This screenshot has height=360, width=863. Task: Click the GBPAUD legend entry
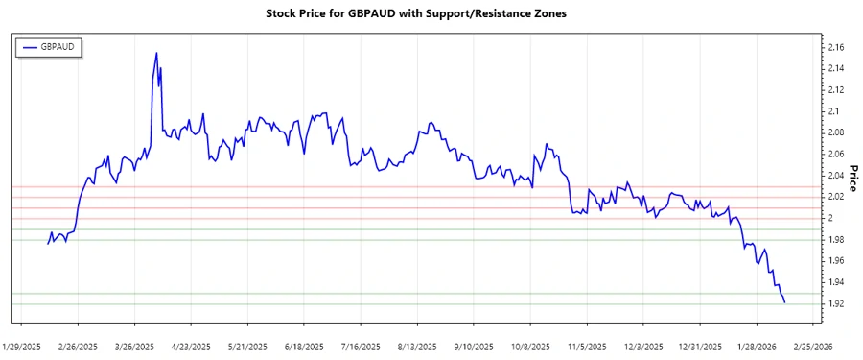56,46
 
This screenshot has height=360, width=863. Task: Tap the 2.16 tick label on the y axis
835,47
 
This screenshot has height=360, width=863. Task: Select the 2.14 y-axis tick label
835,68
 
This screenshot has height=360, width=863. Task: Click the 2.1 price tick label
833,111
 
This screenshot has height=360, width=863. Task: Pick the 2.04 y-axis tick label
835,176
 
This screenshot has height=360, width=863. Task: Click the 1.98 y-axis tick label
835,240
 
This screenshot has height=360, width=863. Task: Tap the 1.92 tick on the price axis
835,304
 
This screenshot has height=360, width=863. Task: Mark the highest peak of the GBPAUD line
156,53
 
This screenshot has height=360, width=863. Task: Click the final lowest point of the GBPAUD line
785,303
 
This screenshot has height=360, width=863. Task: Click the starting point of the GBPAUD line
48,244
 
